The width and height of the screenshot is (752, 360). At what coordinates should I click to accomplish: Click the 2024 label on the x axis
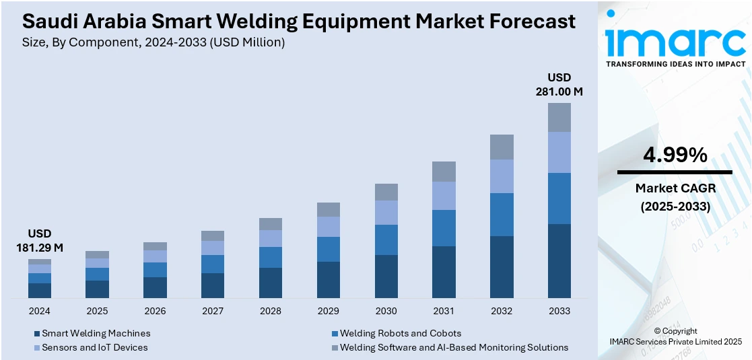(x=40, y=311)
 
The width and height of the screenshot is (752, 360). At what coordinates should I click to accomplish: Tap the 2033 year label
(x=559, y=311)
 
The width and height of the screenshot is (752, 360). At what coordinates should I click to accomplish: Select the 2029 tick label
(x=329, y=311)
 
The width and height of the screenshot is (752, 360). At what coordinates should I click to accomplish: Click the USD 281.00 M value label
(x=559, y=84)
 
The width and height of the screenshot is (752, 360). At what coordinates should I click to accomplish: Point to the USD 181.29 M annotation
(x=40, y=241)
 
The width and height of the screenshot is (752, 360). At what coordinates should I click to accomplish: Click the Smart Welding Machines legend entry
(x=96, y=333)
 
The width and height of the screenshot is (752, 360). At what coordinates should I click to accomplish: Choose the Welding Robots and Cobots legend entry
(x=400, y=333)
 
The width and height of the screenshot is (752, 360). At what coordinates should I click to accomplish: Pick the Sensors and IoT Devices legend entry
(x=94, y=347)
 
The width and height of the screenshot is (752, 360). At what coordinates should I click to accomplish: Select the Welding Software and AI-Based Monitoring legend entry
(x=454, y=347)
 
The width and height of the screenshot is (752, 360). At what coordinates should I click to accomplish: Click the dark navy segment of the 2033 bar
(x=559, y=261)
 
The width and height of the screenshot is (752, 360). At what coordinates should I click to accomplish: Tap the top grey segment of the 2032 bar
(x=502, y=147)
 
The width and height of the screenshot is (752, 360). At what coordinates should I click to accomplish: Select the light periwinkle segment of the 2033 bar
(x=559, y=152)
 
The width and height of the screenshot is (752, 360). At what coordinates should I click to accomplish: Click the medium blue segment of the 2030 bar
(x=386, y=240)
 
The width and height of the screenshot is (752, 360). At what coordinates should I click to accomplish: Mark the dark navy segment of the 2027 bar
(x=213, y=285)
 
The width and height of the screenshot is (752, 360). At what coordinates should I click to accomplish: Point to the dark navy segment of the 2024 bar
(x=40, y=290)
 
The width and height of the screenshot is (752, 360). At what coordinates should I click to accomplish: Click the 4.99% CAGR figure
(x=675, y=155)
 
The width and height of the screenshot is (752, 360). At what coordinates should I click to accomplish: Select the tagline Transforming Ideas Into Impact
(x=675, y=64)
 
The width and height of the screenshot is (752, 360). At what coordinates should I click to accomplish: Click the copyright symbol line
(x=675, y=331)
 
